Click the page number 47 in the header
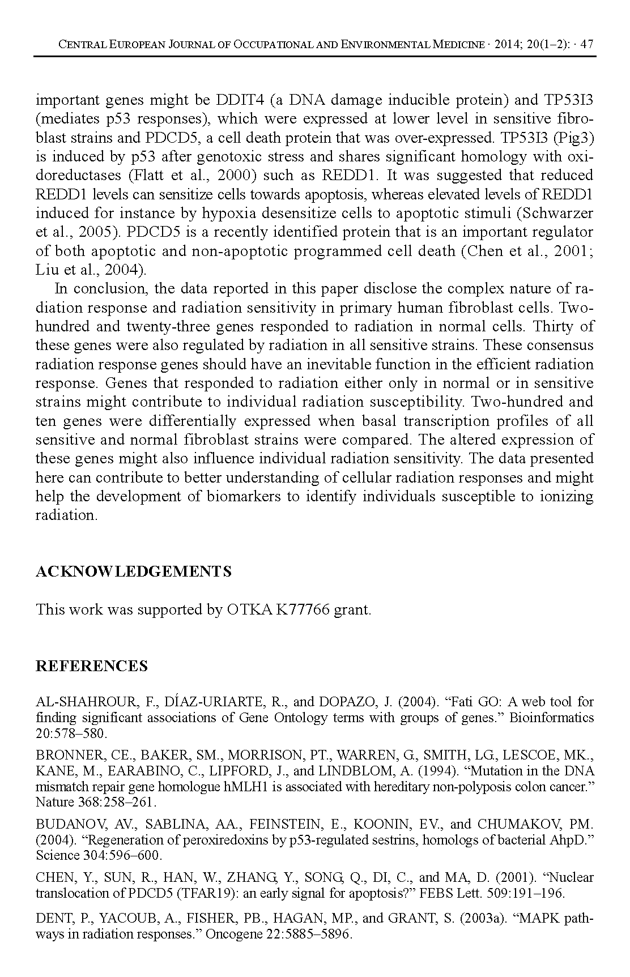click(x=588, y=45)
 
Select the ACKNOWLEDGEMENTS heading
click(x=134, y=571)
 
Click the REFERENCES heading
click(x=92, y=666)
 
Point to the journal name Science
click(x=55, y=855)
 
